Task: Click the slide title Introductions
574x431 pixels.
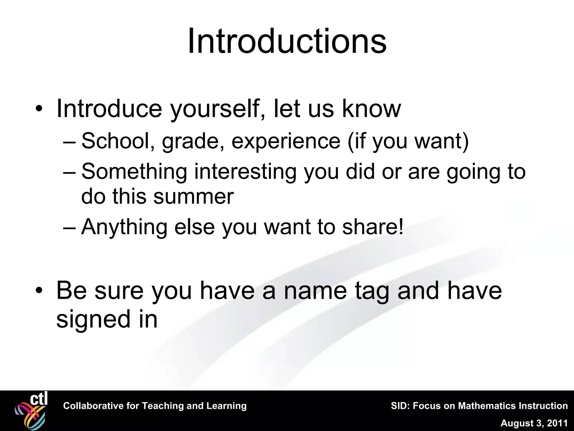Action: pyautogui.click(x=287, y=42)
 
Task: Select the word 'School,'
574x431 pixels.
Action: pyautogui.click(x=118, y=141)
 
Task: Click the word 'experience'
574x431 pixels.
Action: pyautogui.click(x=286, y=141)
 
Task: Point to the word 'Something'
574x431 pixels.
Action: pyautogui.click(x=134, y=172)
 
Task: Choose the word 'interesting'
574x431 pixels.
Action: pyautogui.click(x=245, y=172)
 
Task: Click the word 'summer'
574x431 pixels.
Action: pyautogui.click(x=193, y=196)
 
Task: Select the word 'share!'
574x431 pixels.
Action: pyautogui.click(x=373, y=227)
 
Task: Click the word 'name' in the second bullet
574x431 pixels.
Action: pyautogui.click(x=315, y=291)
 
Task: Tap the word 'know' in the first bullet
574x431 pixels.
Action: pyautogui.click(x=371, y=109)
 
